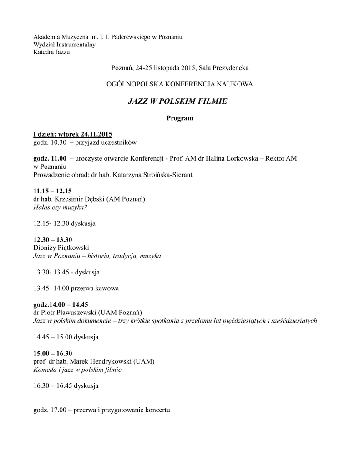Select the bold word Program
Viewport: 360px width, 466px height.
pos(180,118)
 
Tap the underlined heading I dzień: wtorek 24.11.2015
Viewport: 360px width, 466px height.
pos(73,134)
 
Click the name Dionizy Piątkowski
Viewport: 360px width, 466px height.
pos(61,248)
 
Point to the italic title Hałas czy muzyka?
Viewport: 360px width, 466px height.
pos(60,207)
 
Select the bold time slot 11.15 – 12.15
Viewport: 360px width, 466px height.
pos(53,191)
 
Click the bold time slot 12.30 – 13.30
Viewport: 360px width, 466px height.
pos(53,239)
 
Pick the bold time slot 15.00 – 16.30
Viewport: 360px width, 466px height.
pos(53,353)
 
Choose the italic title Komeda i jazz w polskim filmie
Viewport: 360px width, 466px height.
pos(77,370)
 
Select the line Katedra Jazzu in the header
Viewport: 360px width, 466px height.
pos(51,52)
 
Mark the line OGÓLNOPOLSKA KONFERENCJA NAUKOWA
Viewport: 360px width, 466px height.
pos(180,84)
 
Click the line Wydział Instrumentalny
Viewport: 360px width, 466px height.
pos(64,44)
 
